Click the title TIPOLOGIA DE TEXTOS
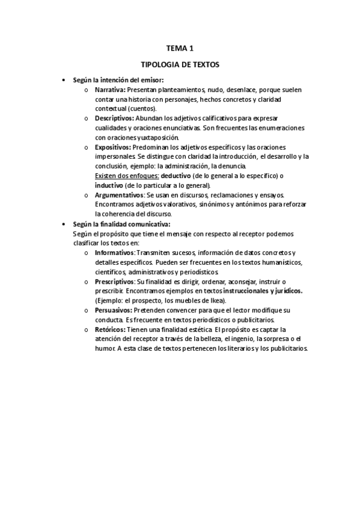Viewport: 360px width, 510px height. click(180, 64)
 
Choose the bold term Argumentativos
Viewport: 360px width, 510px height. click(119, 195)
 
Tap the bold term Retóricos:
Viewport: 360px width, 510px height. click(110, 330)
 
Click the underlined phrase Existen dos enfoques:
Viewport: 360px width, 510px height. click(127, 176)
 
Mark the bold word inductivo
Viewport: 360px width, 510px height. click(108, 185)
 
